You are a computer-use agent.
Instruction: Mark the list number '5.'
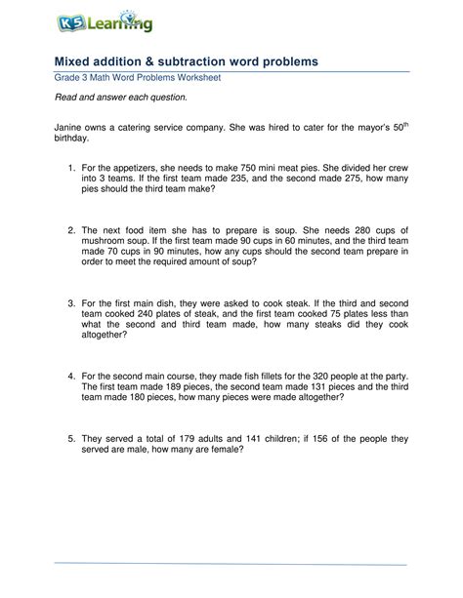tap(71, 438)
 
